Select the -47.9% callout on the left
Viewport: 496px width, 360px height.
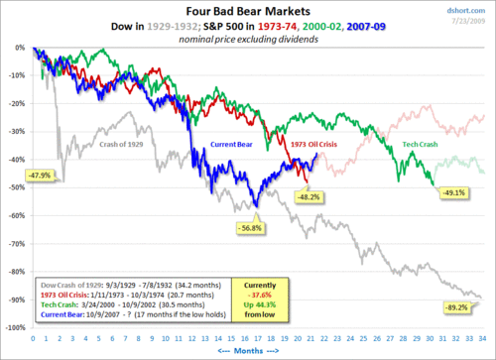[40, 175]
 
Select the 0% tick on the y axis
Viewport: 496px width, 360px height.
[20, 48]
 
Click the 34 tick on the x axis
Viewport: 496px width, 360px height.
[487, 338]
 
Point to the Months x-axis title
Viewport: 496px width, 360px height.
[258, 351]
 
